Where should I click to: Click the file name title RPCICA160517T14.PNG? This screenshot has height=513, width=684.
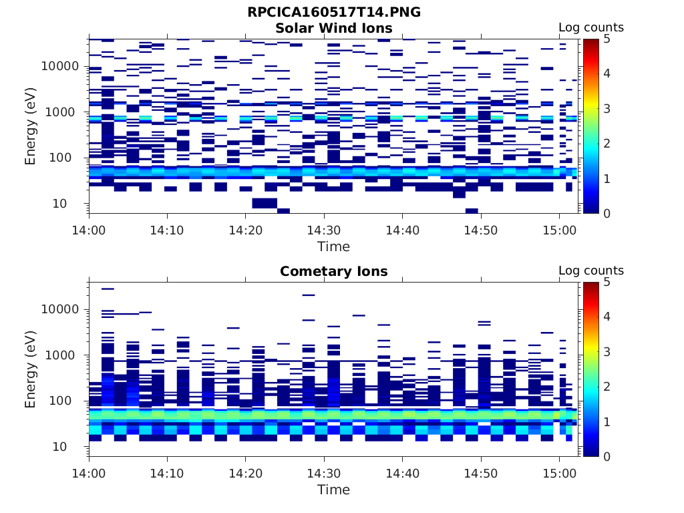[333, 12]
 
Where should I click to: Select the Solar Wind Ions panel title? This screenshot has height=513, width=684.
[333, 28]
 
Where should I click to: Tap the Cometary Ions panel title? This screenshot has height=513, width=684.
[333, 271]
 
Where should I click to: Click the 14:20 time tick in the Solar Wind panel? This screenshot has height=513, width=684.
[246, 230]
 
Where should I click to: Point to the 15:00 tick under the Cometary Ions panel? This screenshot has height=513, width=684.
[559, 473]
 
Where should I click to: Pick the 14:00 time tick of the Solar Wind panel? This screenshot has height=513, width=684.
[90, 230]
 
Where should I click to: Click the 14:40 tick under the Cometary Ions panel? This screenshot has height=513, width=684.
[403, 473]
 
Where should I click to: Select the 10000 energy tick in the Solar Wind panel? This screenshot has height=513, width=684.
[61, 66]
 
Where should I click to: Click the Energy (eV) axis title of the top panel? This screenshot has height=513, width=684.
[31, 126]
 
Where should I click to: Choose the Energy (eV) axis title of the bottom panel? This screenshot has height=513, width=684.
[31, 369]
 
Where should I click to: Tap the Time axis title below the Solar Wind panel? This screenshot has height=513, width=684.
[333, 246]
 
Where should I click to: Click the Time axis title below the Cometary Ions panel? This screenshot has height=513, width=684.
[333, 490]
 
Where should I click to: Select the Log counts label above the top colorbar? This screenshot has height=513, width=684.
[591, 27]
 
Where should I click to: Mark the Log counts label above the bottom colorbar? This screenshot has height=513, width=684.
[591, 271]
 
